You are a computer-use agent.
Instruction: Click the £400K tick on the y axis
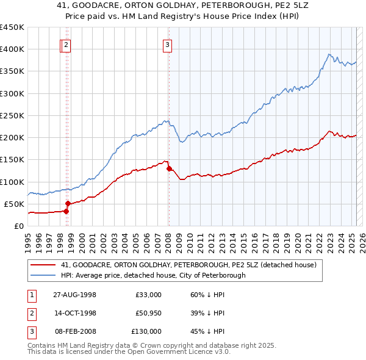click(x=12, y=49)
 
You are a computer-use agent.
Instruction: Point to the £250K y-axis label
click(x=12, y=115)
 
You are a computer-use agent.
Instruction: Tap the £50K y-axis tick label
click(x=15, y=204)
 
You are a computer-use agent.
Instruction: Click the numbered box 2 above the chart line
click(x=65, y=44)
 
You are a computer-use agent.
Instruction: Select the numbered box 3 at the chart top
click(x=167, y=44)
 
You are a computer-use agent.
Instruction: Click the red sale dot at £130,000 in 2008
click(x=169, y=168)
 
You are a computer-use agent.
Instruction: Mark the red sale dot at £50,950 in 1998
click(x=68, y=203)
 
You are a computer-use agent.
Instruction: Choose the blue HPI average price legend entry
click(x=152, y=275)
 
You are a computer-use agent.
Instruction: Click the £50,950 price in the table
click(x=148, y=313)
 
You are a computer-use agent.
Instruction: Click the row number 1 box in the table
click(x=31, y=295)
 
